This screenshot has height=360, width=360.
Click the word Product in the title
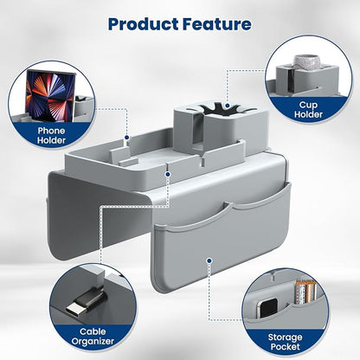[x=144, y=24]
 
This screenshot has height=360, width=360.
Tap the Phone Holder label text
[x=51, y=136]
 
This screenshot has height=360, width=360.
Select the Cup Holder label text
[x=308, y=110]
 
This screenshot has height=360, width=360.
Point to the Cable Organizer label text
[x=93, y=337]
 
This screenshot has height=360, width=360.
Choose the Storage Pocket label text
[x=285, y=342]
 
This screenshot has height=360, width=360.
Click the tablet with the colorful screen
[x=50, y=95]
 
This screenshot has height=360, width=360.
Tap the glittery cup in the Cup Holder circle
[x=305, y=62]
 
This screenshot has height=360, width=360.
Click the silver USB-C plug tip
[x=74, y=310]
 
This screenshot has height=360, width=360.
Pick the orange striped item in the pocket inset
[x=305, y=292]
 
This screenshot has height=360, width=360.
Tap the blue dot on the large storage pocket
[x=209, y=260]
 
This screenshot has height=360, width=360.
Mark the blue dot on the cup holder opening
[x=228, y=106]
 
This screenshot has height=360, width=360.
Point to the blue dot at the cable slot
[x=168, y=174]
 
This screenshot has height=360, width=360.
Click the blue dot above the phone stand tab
[x=126, y=138]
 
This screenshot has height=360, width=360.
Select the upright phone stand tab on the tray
[x=119, y=154]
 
